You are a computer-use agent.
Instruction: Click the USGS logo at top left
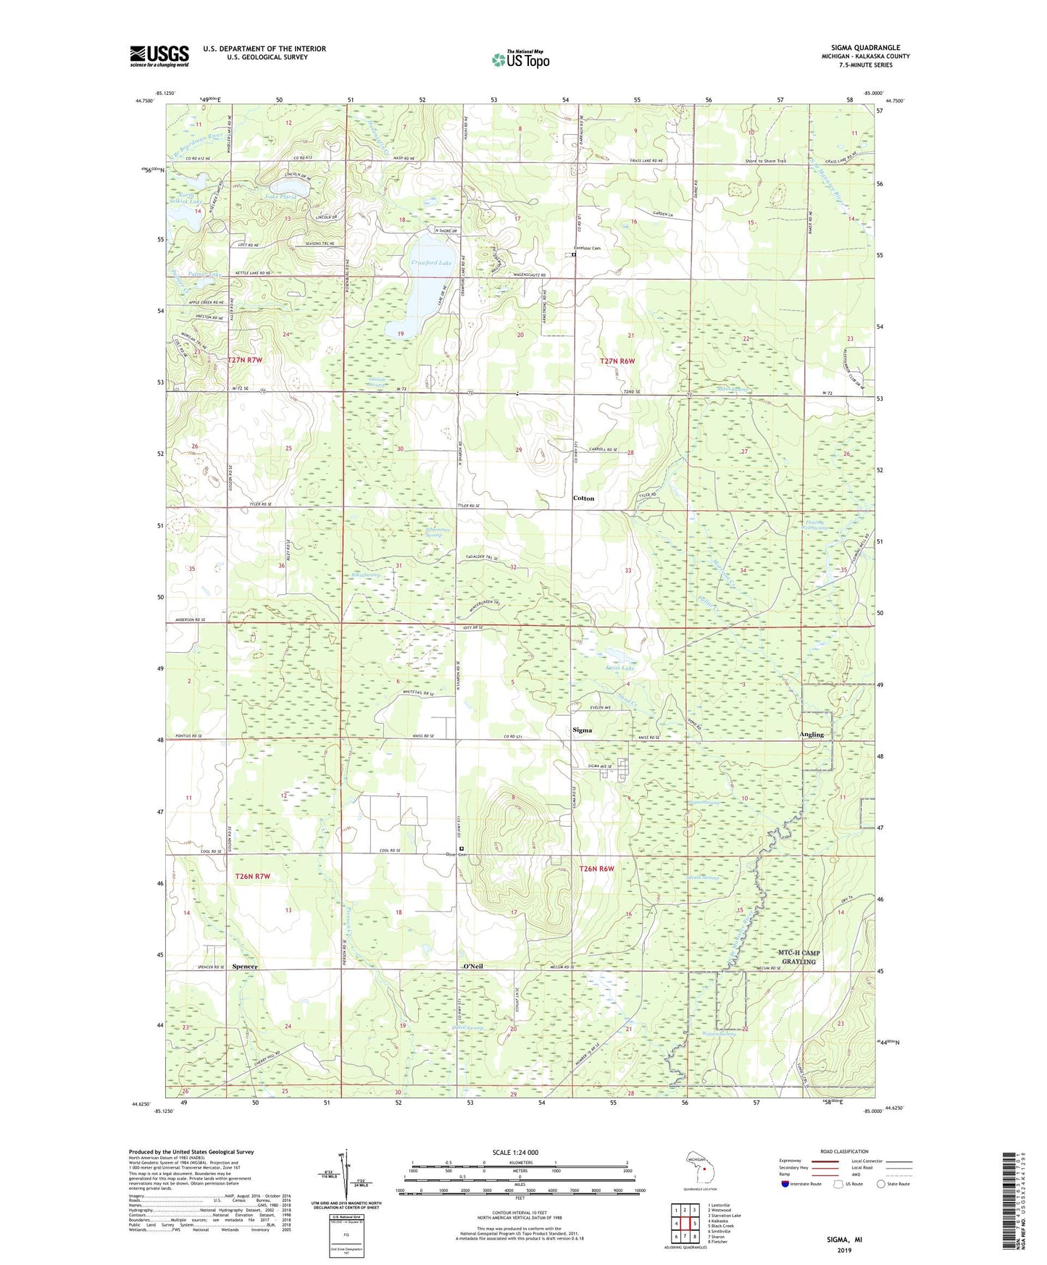(159, 56)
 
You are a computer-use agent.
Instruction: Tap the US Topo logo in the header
(520, 59)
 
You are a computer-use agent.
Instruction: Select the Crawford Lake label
(432, 262)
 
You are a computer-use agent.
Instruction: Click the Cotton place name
(583, 498)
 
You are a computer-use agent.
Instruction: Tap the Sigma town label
(582, 730)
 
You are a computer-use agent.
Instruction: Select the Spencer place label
(245, 967)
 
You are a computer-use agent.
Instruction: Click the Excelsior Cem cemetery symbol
(573, 254)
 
